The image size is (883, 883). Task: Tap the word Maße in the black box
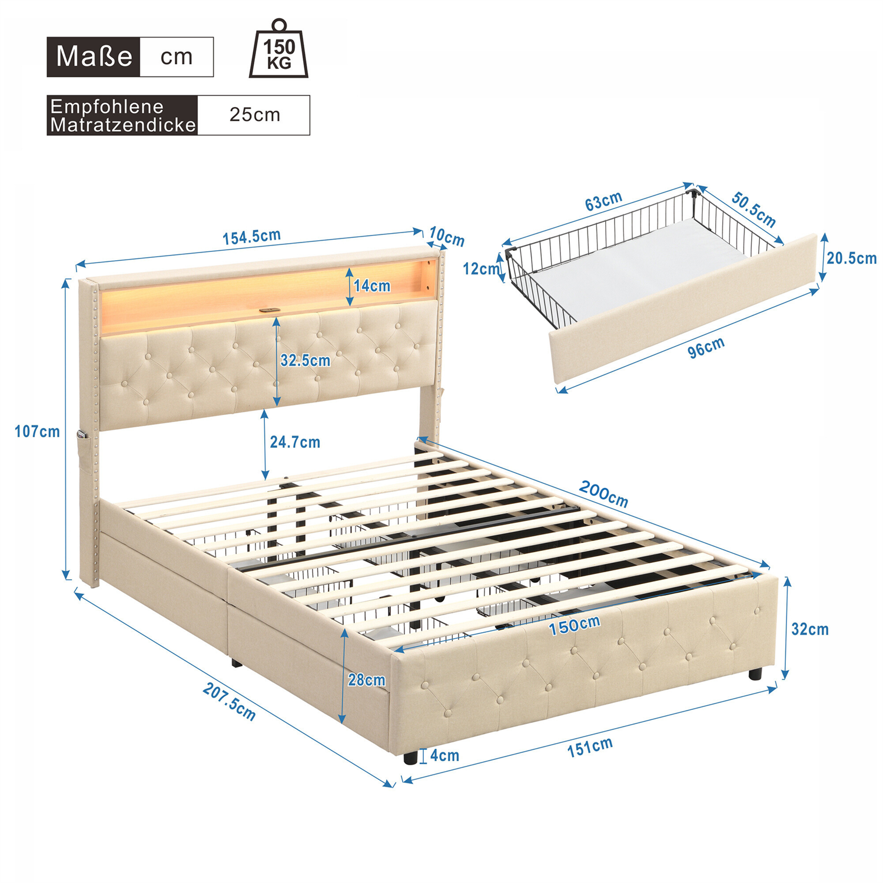[x=94, y=57]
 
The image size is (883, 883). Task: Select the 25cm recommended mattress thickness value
[x=254, y=114]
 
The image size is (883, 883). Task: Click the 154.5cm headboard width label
[x=251, y=237]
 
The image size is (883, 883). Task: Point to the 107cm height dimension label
[x=37, y=431]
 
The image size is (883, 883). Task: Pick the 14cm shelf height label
[x=372, y=286]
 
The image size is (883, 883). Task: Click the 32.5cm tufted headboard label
[x=305, y=360]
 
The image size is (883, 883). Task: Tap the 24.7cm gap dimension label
[x=295, y=441]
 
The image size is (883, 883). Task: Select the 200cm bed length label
[x=604, y=493]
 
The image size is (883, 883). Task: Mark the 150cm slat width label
[x=575, y=625]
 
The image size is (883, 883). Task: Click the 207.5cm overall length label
[x=229, y=701]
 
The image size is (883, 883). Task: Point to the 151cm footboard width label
[x=590, y=747]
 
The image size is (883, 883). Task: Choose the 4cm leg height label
[x=444, y=755]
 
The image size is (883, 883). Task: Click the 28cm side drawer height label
[x=366, y=680]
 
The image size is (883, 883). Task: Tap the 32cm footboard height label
[x=810, y=629]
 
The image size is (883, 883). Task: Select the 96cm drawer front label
[x=706, y=347]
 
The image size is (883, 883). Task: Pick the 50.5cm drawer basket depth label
[x=753, y=209]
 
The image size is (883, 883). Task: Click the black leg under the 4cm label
[x=410, y=757]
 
